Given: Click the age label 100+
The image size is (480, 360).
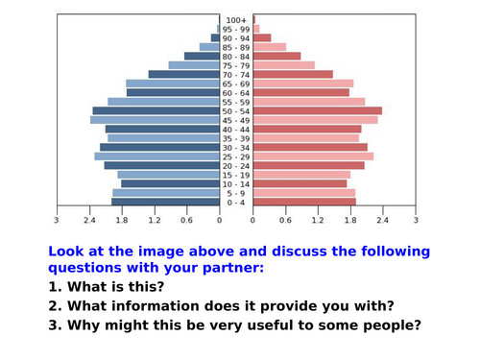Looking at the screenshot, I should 236,20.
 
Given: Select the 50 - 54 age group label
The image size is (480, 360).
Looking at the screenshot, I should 236,111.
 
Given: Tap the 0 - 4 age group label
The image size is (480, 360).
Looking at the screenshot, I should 236,203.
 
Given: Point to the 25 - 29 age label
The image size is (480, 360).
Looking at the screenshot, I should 236,156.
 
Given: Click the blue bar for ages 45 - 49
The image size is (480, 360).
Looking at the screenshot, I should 156,120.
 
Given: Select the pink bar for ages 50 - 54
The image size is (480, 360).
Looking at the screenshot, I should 317,111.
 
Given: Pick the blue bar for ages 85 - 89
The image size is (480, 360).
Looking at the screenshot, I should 209,47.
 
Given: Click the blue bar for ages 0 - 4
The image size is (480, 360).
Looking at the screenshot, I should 165,202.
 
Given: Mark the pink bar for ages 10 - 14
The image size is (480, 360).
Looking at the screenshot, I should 300,183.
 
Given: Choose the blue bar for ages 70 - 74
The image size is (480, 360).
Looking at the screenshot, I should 184,75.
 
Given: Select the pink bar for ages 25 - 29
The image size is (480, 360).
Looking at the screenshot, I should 313,156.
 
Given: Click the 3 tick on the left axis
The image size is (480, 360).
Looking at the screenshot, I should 57,221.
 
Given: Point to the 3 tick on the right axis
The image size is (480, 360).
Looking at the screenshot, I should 416,221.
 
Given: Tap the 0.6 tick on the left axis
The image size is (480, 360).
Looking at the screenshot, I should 187,221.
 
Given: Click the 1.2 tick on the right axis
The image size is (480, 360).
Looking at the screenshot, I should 318,221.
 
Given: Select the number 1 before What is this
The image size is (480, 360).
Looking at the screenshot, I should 53,287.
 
